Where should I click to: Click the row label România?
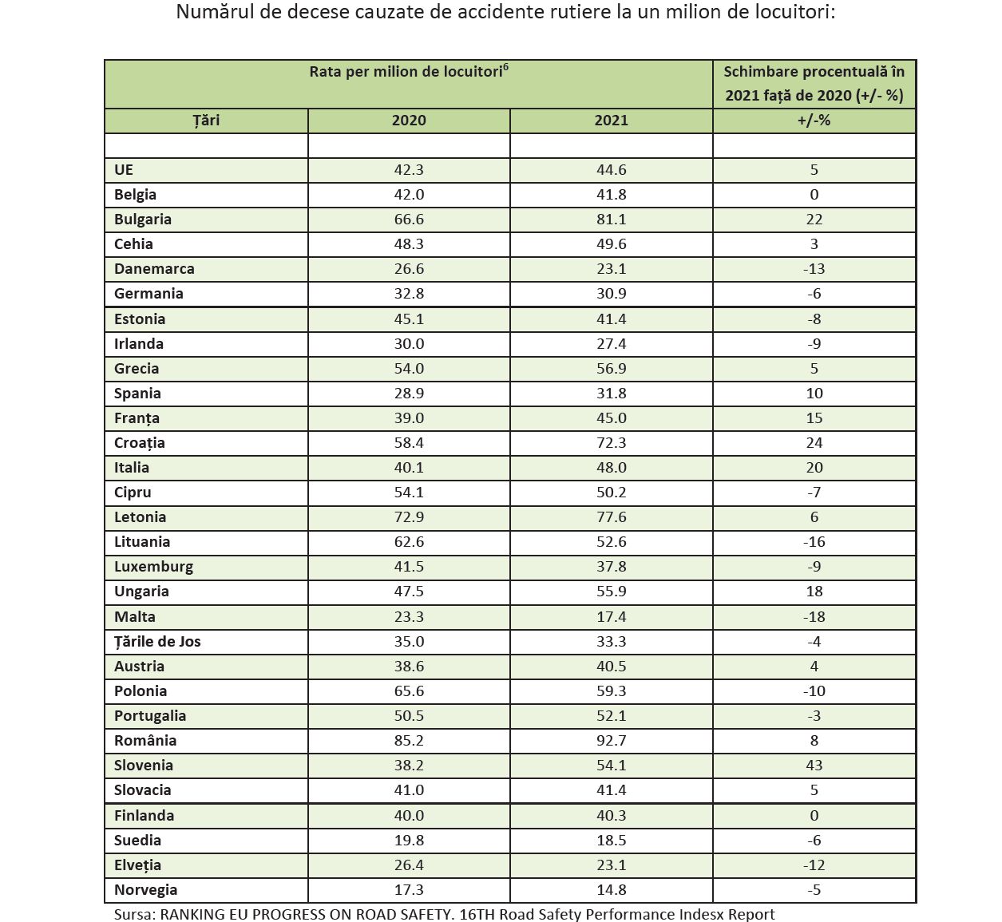click(x=145, y=741)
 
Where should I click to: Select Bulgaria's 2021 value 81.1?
click(x=612, y=220)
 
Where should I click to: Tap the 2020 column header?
click(x=409, y=121)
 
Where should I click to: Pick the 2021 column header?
click(x=612, y=121)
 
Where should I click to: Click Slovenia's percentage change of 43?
click(x=814, y=766)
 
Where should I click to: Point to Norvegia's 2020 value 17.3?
click(x=409, y=890)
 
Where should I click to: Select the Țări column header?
click(x=206, y=121)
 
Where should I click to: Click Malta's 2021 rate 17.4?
click(x=612, y=617)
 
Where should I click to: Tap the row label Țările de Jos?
click(x=157, y=642)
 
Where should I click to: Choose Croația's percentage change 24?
click(x=814, y=443)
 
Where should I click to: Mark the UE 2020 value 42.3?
click(x=409, y=170)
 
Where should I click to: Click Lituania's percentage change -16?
click(x=814, y=542)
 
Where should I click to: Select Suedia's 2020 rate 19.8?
click(x=409, y=841)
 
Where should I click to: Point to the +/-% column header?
click(x=814, y=121)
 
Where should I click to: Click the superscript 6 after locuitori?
click(x=506, y=67)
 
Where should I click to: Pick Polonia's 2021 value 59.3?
click(x=612, y=691)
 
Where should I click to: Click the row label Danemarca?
click(x=154, y=269)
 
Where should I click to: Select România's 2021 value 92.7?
click(x=612, y=741)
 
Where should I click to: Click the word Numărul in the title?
click(x=214, y=13)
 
